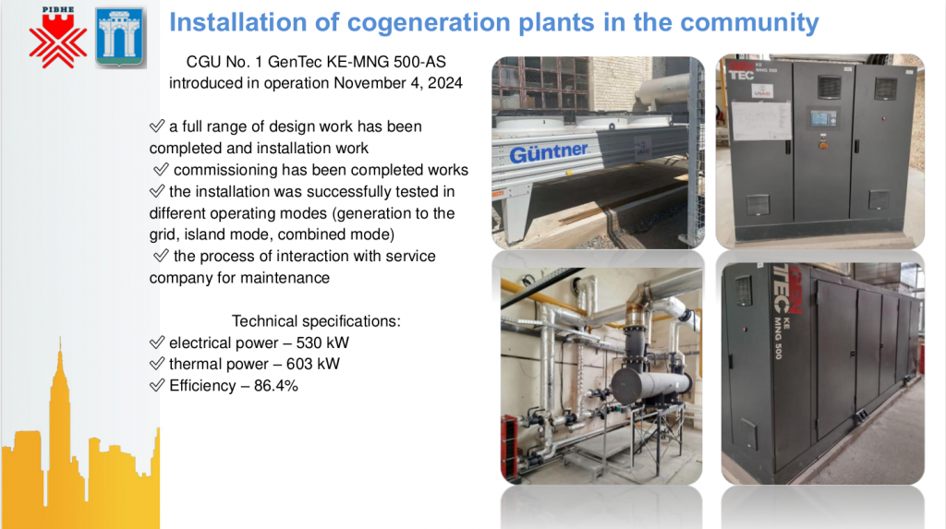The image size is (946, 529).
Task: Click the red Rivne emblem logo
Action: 58,38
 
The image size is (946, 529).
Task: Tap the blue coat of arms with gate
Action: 120,37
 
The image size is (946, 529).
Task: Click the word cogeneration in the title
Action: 426,22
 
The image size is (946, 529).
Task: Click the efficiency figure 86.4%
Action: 275,385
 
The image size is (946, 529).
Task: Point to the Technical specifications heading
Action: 316,321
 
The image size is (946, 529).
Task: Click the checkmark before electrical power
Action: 157,342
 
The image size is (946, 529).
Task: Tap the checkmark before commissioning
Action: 161,169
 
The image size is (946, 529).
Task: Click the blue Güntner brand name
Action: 549,152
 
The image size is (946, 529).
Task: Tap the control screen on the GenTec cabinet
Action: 823,117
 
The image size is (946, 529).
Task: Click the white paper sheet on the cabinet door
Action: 761,121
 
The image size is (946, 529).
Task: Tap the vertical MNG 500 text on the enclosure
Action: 779,337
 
